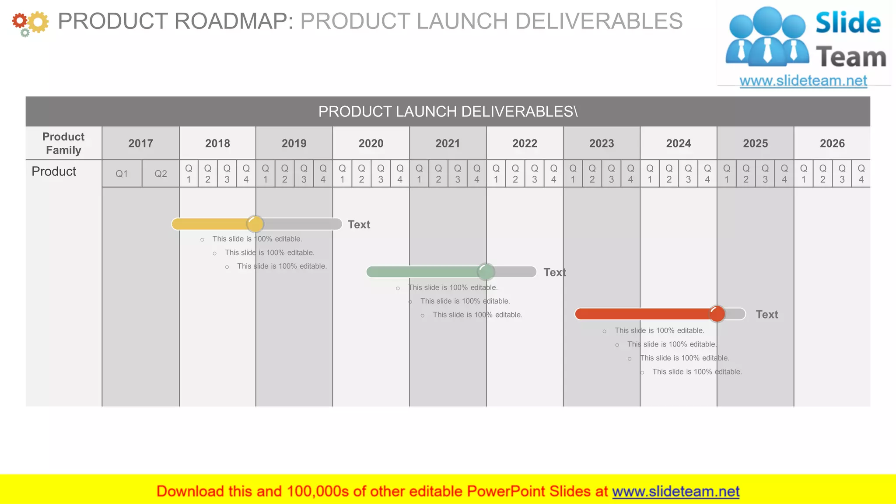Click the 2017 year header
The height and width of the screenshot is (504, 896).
coord(140,143)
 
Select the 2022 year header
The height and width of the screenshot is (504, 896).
coord(525,143)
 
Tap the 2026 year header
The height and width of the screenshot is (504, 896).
coord(832,143)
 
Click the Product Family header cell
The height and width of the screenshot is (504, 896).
coord(63,143)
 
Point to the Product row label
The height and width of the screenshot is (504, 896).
coord(54,171)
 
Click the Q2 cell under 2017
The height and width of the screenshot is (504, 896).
coord(161,174)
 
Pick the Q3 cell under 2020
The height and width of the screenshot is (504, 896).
coord(381,174)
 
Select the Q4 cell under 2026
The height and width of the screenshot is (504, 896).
coord(861,174)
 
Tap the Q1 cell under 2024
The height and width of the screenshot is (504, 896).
coord(650,174)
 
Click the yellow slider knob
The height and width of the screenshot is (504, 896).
coord(255,224)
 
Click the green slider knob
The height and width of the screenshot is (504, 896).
coord(486,272)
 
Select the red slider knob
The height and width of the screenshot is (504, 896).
coord(717,314)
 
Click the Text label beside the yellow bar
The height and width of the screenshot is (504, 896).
coord(359,224)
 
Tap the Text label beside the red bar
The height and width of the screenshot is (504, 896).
coord(766,315)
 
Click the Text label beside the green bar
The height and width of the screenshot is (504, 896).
coord(554,273)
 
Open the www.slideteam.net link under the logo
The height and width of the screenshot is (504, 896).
coord(803,81)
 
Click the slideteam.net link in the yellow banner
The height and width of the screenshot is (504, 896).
coord(675,491)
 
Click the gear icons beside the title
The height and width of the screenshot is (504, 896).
coord(30,23)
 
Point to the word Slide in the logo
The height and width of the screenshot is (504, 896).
coord(848,23)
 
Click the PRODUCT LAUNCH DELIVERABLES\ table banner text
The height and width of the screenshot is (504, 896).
coord(448,112)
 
